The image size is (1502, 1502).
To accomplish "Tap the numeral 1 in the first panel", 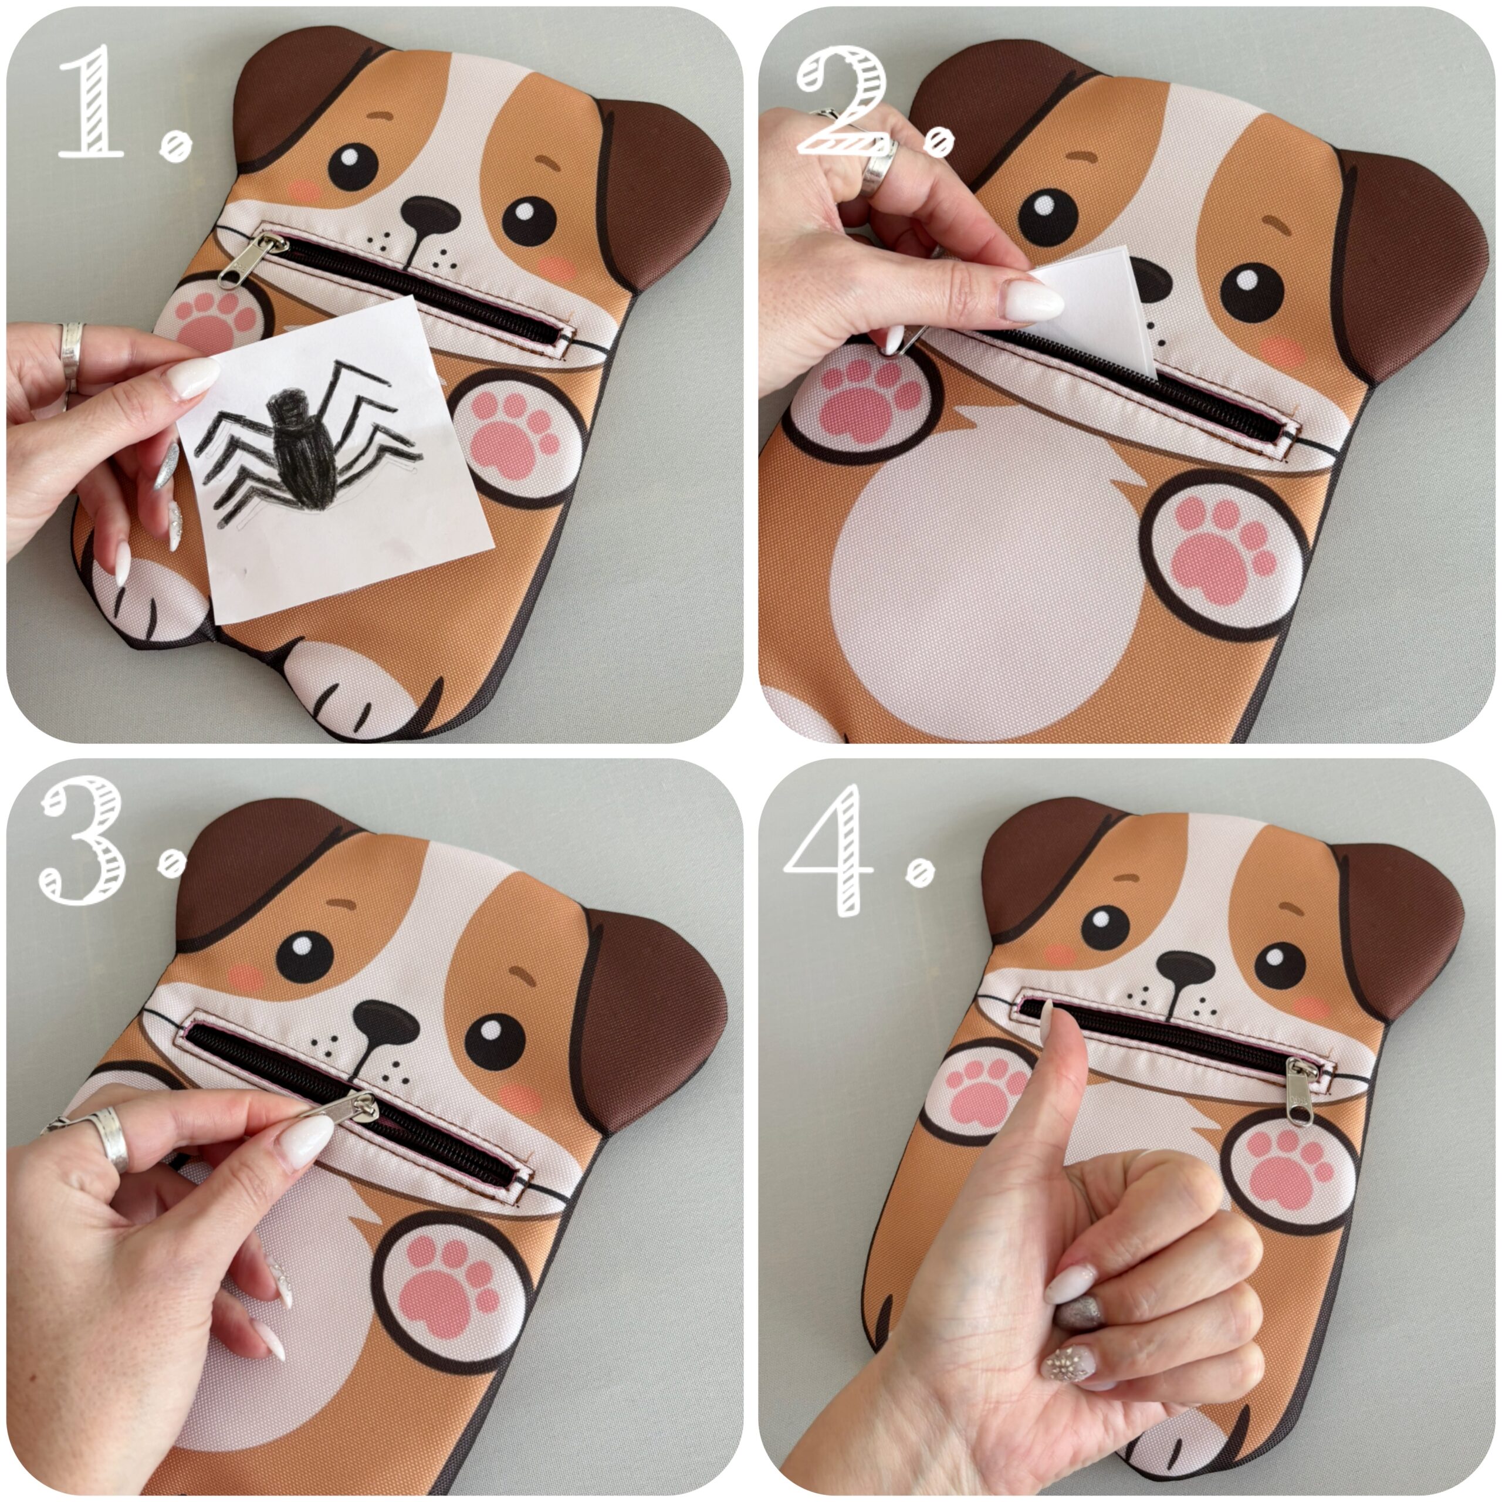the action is pyautogui.click(x=91, y=101).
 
